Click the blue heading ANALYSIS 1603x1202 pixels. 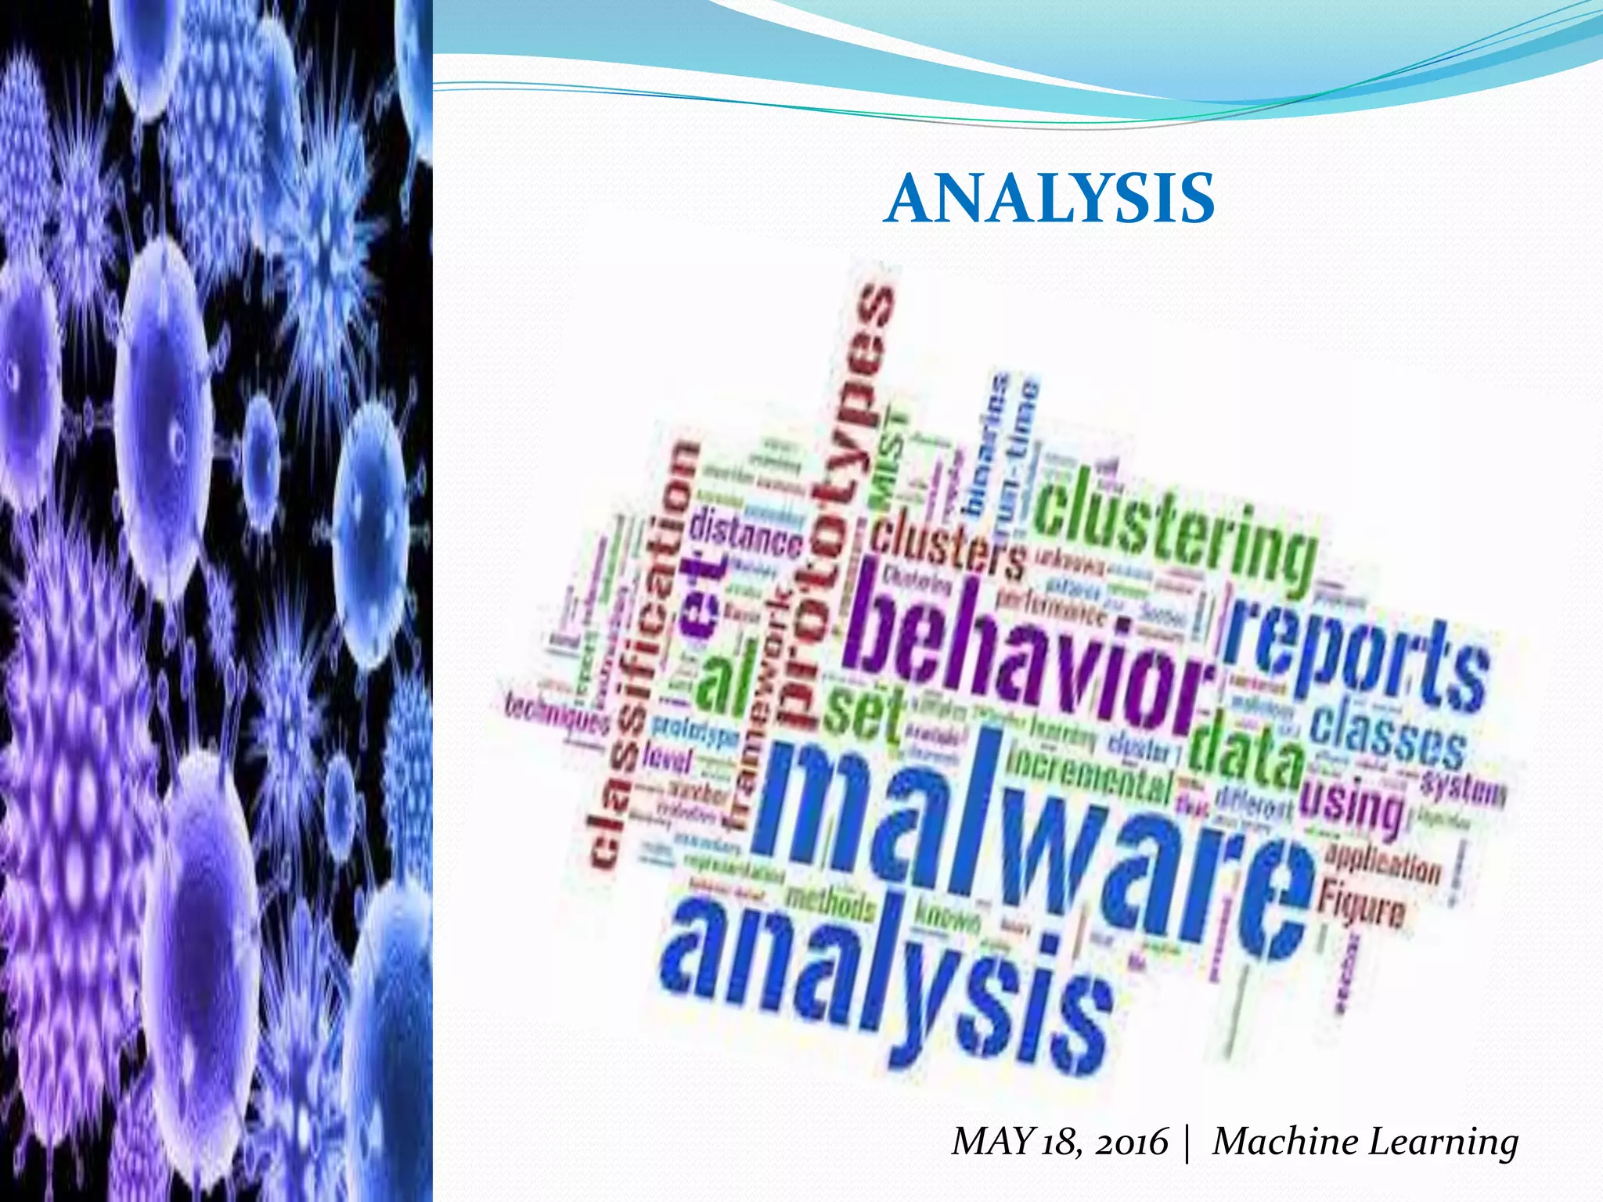1049,199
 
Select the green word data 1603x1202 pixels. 1245,751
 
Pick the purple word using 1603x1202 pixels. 1350,806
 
